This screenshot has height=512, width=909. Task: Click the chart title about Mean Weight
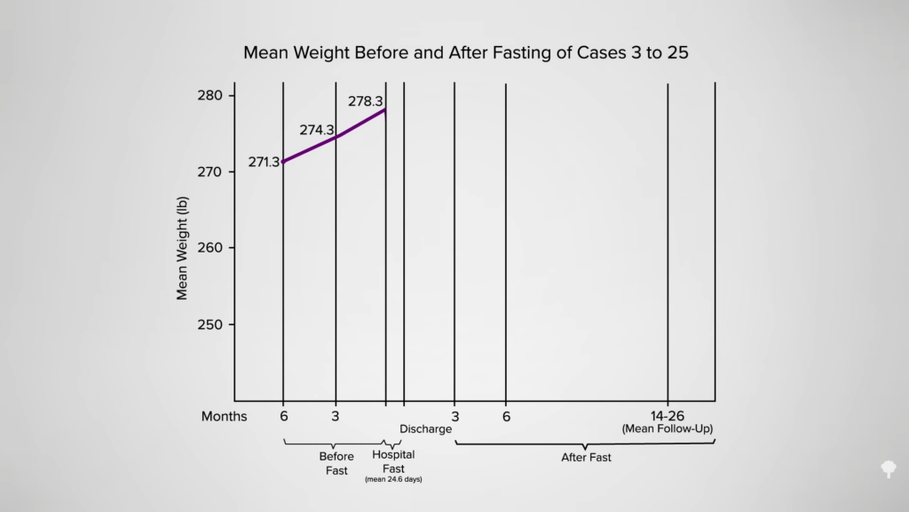click(x=466, y=52)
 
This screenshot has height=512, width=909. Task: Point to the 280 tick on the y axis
click(x=214, y=95)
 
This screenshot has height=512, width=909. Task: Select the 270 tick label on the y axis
click(x=214, y=172)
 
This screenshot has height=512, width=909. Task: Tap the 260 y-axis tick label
click(x=214, y=248)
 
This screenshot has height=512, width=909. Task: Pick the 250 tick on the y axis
click(x=214, y=324)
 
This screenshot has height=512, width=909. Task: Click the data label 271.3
click(x=264, y=162)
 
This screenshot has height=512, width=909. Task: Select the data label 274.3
click(x=316, y=131)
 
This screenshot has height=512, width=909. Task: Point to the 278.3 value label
click(x=365, y=101)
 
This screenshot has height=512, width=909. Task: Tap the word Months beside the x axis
click(x=225, y=416)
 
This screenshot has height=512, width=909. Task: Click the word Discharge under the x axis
click(x=425, y=429)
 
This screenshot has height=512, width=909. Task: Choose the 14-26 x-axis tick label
click(x=668, y=416)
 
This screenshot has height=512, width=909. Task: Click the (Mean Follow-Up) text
click(x=668, y=429)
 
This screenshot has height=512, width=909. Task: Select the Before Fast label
click(x=336, y=463)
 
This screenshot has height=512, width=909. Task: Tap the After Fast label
click(x=586, y=458)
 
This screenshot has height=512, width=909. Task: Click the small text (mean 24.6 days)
click(x=393, y=480)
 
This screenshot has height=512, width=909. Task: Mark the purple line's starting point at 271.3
click(x=283, y=162)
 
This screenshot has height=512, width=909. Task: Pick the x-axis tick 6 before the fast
click(x=283, y=416)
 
